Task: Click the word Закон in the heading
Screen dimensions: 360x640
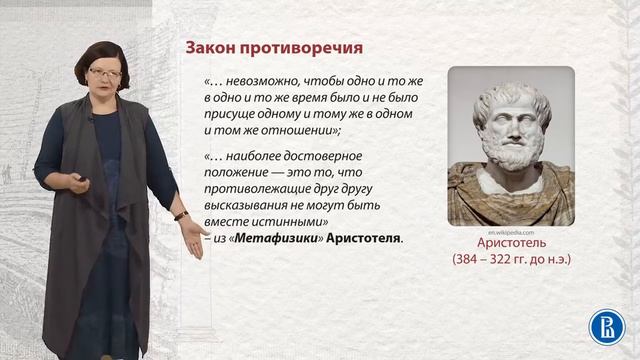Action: pyautogui.click(x=210, y=48)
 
